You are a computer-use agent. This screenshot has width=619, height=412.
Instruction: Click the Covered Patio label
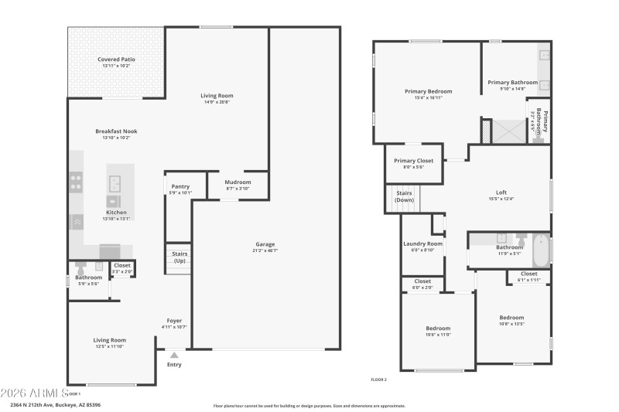116,60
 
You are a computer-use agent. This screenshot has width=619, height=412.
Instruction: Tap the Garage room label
265,244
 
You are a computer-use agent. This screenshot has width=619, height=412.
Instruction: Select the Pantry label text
180,186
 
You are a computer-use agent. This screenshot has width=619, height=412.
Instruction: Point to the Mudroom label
238,182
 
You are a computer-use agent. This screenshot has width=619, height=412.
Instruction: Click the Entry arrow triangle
174,356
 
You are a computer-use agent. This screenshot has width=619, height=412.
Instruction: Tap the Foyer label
175,321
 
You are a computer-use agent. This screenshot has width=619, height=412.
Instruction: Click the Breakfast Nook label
116,131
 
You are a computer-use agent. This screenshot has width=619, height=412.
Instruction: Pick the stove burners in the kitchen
77,182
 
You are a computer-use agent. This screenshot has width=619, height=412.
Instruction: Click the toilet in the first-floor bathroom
80,270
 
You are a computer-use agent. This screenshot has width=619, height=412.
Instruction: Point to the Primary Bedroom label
428,91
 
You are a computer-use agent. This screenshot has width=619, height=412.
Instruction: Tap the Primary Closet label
414,160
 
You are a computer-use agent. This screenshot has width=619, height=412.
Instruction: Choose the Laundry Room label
423,243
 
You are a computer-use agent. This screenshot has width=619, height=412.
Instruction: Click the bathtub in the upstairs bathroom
541,249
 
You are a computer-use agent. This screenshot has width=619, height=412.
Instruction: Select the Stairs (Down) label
404,196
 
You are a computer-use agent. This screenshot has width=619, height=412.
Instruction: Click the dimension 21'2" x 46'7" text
265,250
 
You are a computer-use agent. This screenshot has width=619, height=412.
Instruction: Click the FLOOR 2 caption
379,380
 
